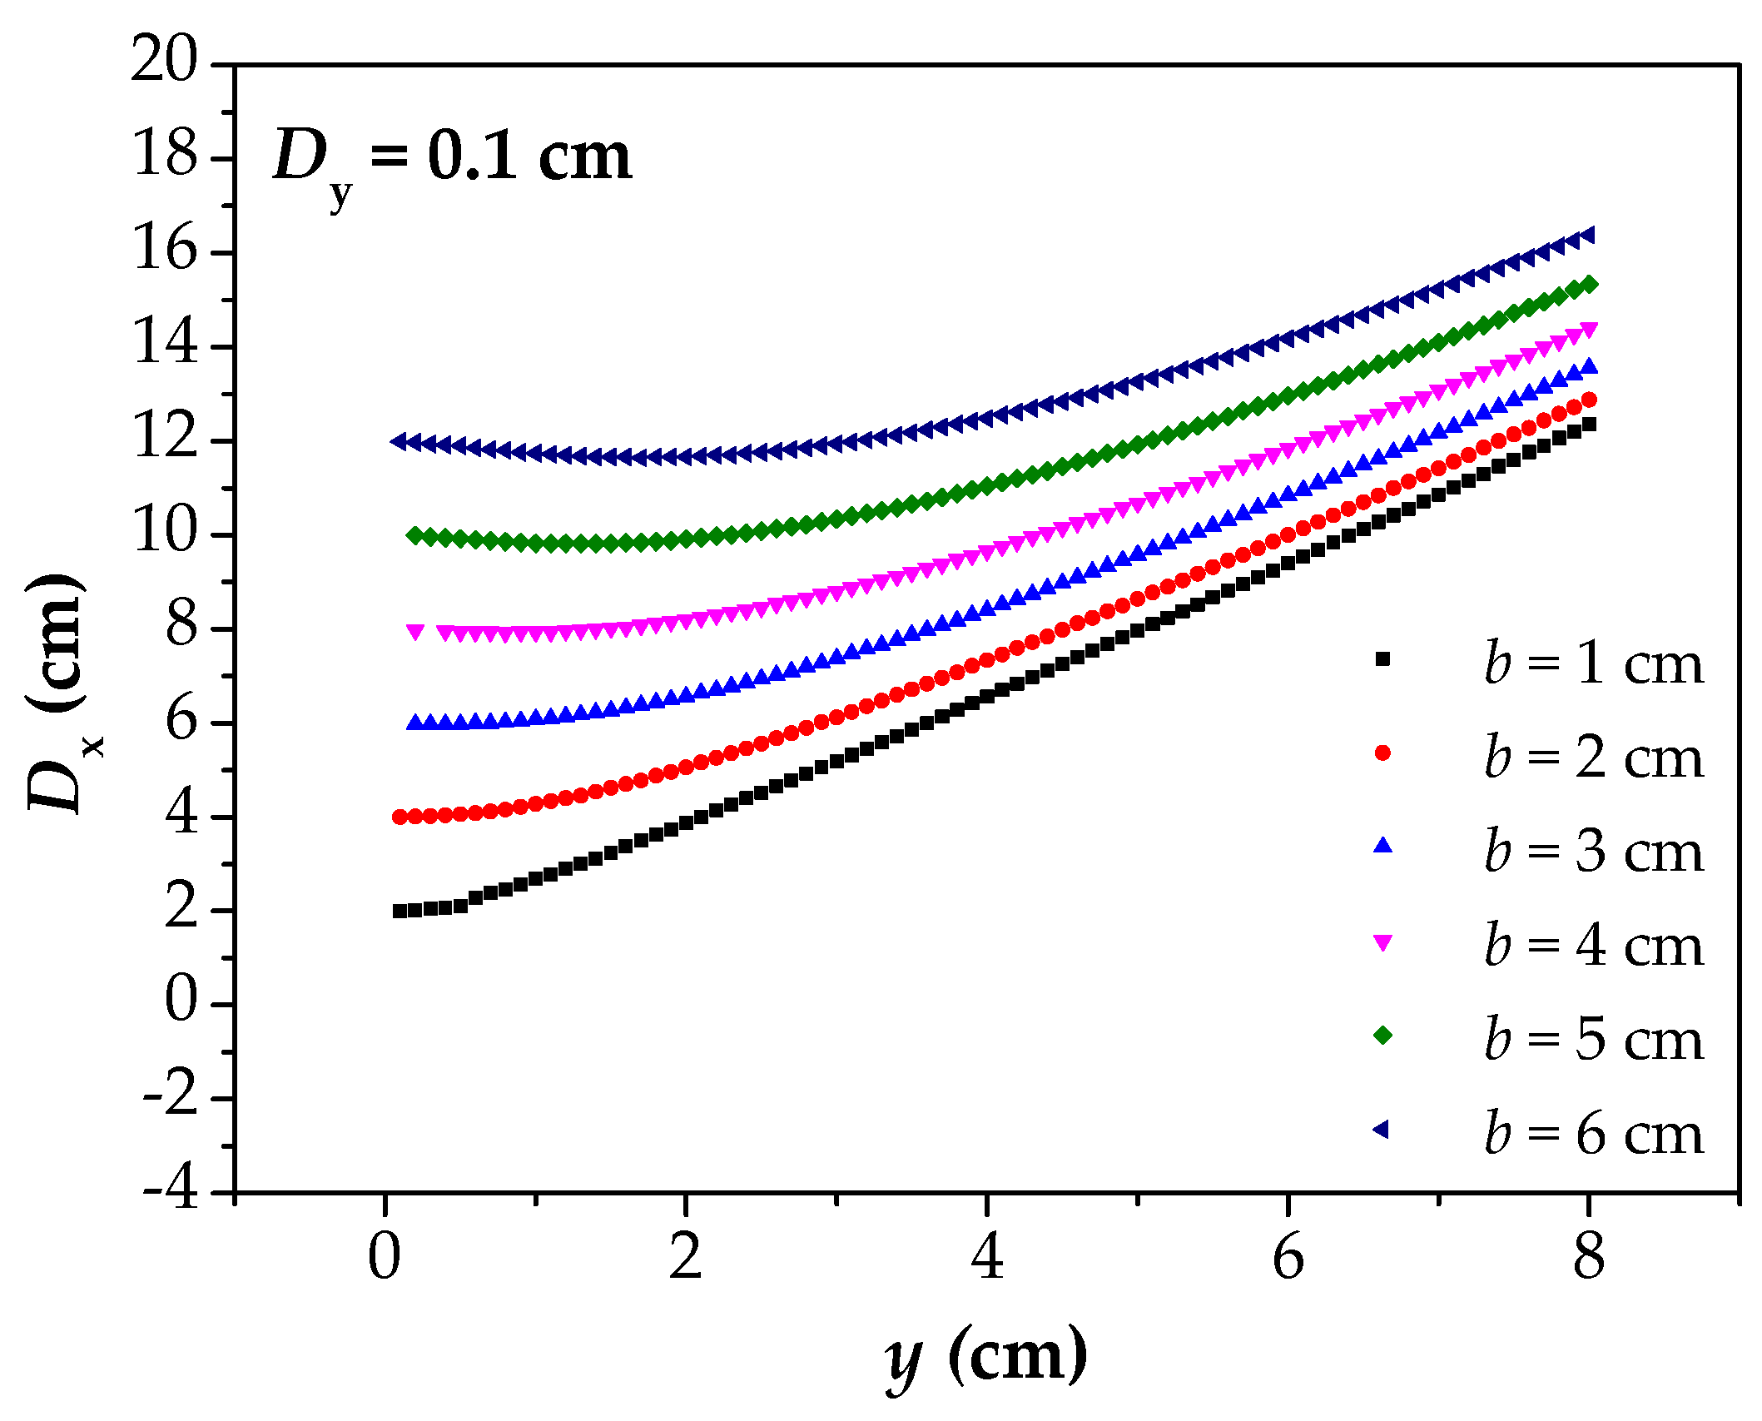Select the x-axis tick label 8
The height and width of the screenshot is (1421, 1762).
click(1588, 1257)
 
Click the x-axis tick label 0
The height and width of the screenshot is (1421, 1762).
click(385, 1257)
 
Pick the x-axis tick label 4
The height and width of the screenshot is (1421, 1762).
click(986, 1257)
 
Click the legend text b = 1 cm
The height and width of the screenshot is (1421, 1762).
click(1593, 664)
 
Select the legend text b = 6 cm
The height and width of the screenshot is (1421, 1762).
click(1593, 1134)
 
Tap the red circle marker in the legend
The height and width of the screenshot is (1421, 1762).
click(1382, 753)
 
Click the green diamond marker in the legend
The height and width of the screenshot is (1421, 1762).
click(1382, 1035)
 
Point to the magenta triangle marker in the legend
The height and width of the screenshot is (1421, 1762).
click(1382, 942)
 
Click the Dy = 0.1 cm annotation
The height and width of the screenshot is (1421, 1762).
click(452, 158)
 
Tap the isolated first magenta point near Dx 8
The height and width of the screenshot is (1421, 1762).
click(415, 632)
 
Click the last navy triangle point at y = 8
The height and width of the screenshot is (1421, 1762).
click(1586, 236)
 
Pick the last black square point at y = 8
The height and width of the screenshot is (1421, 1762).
click(1588, 425)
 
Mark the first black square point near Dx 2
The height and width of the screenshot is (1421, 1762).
click(400, 911)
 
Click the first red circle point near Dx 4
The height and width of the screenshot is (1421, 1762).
click(400, 817)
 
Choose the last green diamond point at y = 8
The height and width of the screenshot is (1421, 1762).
click(1588, 285)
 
